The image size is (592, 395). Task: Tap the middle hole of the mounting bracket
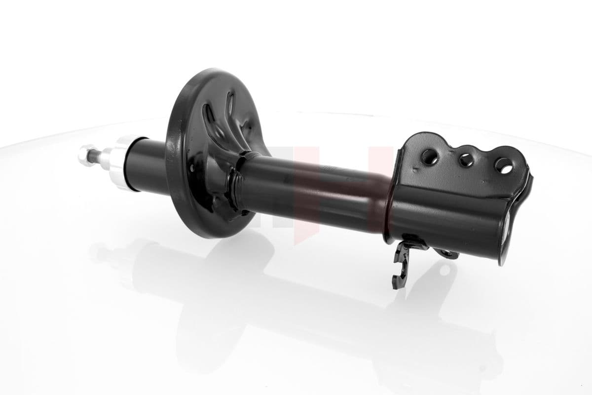click(465, 159)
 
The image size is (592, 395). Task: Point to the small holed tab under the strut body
click(446, 253)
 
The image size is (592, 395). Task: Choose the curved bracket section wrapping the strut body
click(444, 212)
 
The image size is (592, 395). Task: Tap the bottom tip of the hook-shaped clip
click(395, 285)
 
